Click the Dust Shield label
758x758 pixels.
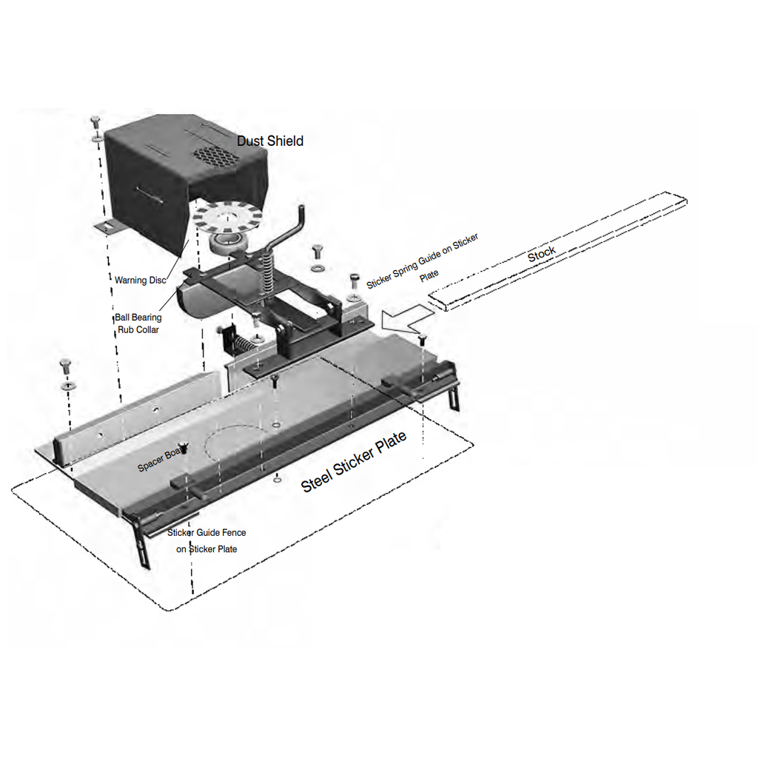[270, 141]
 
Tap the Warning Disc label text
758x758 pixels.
[140, 281]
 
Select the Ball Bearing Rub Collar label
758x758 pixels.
[138, 323]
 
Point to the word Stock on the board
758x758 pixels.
[541, 254]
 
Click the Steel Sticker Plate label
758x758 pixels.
[353, 462]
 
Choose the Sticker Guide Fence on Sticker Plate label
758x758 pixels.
[207, 541]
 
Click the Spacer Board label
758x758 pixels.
[161, 460]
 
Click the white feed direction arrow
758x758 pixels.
[407, 318]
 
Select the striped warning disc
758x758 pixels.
[227, 217]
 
